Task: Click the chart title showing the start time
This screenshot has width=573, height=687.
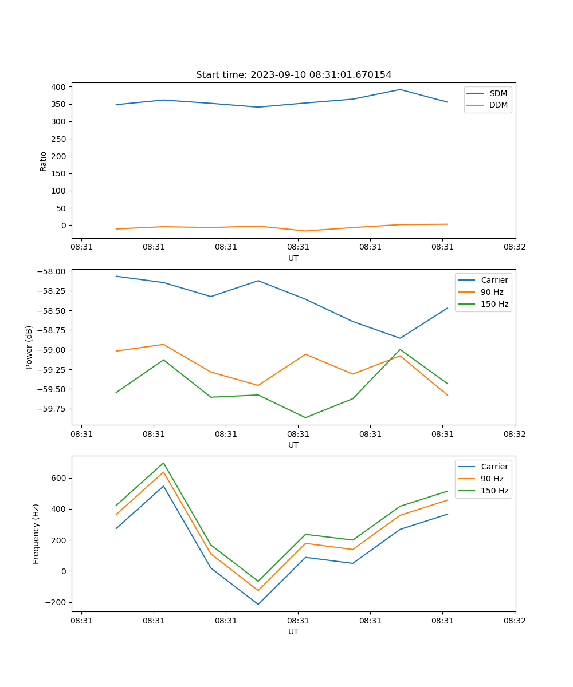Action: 293,75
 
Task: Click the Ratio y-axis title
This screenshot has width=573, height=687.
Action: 44,161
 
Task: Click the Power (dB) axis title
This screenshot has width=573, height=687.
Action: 29,347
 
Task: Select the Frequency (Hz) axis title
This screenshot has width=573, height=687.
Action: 36,534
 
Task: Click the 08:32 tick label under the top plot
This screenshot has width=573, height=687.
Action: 515,247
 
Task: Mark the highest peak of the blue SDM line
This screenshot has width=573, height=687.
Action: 400,89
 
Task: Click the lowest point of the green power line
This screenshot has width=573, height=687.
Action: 305,417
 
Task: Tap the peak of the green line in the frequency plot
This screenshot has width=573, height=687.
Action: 163,463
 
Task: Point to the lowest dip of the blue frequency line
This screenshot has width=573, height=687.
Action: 258,604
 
